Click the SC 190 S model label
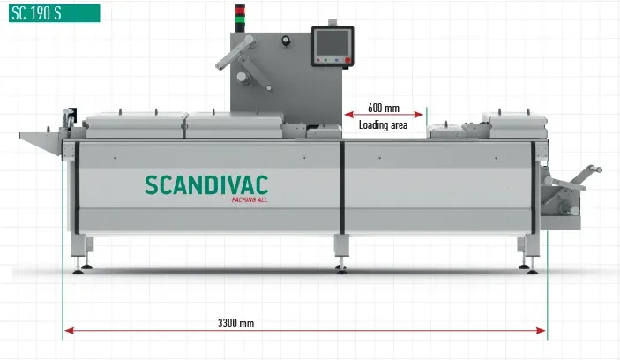point(49,12)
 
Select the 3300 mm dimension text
point(235,324)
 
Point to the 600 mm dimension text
point(383,109)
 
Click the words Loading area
point(383,125)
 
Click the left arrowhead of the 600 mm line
point(347,115)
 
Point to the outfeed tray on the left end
point(41,136)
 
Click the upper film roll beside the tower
point(241,77)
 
